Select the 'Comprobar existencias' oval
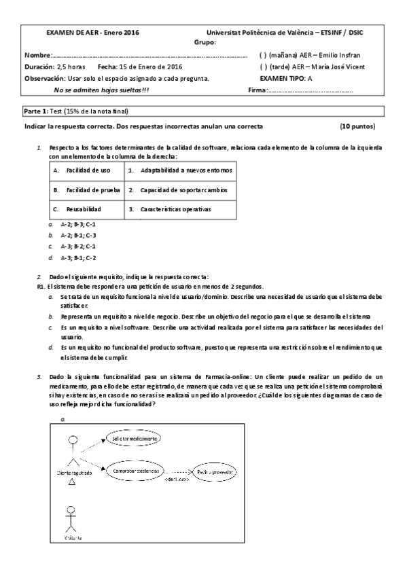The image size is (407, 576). pyautogui.click(x=132, y=470)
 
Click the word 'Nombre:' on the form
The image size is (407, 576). pyautogui.click(x=37, y=54)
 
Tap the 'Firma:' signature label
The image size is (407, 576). pyautogui.click(x=258, y=90)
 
